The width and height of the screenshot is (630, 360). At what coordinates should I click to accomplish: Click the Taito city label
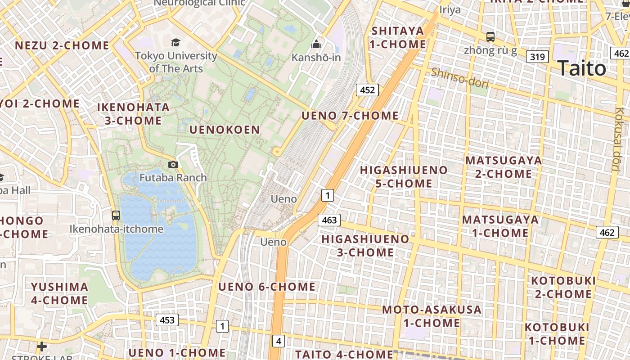coord(582,68)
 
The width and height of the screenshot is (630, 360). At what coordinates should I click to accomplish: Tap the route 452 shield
coord(367,90)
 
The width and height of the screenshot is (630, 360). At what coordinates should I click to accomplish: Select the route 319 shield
coord(537,57)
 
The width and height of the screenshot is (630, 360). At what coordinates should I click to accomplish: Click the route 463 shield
coord(329,220)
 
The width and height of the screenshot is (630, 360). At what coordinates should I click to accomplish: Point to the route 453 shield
coord(167,320)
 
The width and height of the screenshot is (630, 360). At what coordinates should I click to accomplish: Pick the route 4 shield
coord(279,341)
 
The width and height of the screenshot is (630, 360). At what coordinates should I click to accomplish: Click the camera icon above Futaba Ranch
coord(173,165)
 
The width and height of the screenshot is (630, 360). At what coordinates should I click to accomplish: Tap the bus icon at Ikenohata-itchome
coord(116,215)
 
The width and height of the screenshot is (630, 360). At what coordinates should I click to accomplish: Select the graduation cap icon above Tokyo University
coord(175,43)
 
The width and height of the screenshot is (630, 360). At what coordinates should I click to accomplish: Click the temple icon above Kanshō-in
coord(316,44)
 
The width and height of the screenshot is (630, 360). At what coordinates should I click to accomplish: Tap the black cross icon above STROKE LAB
coord(42,346)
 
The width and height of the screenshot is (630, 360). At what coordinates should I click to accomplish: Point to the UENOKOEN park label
coord(225,130)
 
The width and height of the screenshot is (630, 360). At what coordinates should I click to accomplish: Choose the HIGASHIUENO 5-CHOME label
coord(404,177)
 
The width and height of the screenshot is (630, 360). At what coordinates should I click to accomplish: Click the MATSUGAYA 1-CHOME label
coord(500,226)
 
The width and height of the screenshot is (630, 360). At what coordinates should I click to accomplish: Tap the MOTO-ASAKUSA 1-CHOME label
coord(432,316)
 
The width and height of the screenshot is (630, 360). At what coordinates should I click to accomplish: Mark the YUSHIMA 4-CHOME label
coord(59,293)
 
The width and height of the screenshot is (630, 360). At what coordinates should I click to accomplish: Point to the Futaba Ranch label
coord(173,178)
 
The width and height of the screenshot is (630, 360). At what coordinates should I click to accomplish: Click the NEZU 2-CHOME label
coord(62,45)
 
